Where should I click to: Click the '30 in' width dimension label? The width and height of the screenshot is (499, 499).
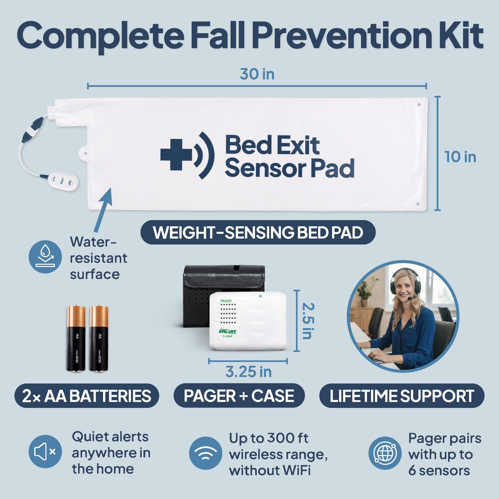[257, 74]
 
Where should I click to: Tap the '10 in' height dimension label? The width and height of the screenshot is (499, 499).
[460, 157]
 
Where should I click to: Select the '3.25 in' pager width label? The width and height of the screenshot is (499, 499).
[249, 372]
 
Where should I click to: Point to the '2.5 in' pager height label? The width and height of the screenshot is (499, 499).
[308, 321]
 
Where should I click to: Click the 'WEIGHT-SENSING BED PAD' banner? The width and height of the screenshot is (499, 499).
[258, 233]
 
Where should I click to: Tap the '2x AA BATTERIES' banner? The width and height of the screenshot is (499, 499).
[87, 396]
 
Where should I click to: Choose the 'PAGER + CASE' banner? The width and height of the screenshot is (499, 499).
[239, 396]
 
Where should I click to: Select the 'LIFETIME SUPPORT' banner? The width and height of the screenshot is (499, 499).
[402, 396]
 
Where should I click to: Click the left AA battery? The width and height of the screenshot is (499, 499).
[76, 338]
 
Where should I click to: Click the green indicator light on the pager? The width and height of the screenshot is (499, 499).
[260, 296]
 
